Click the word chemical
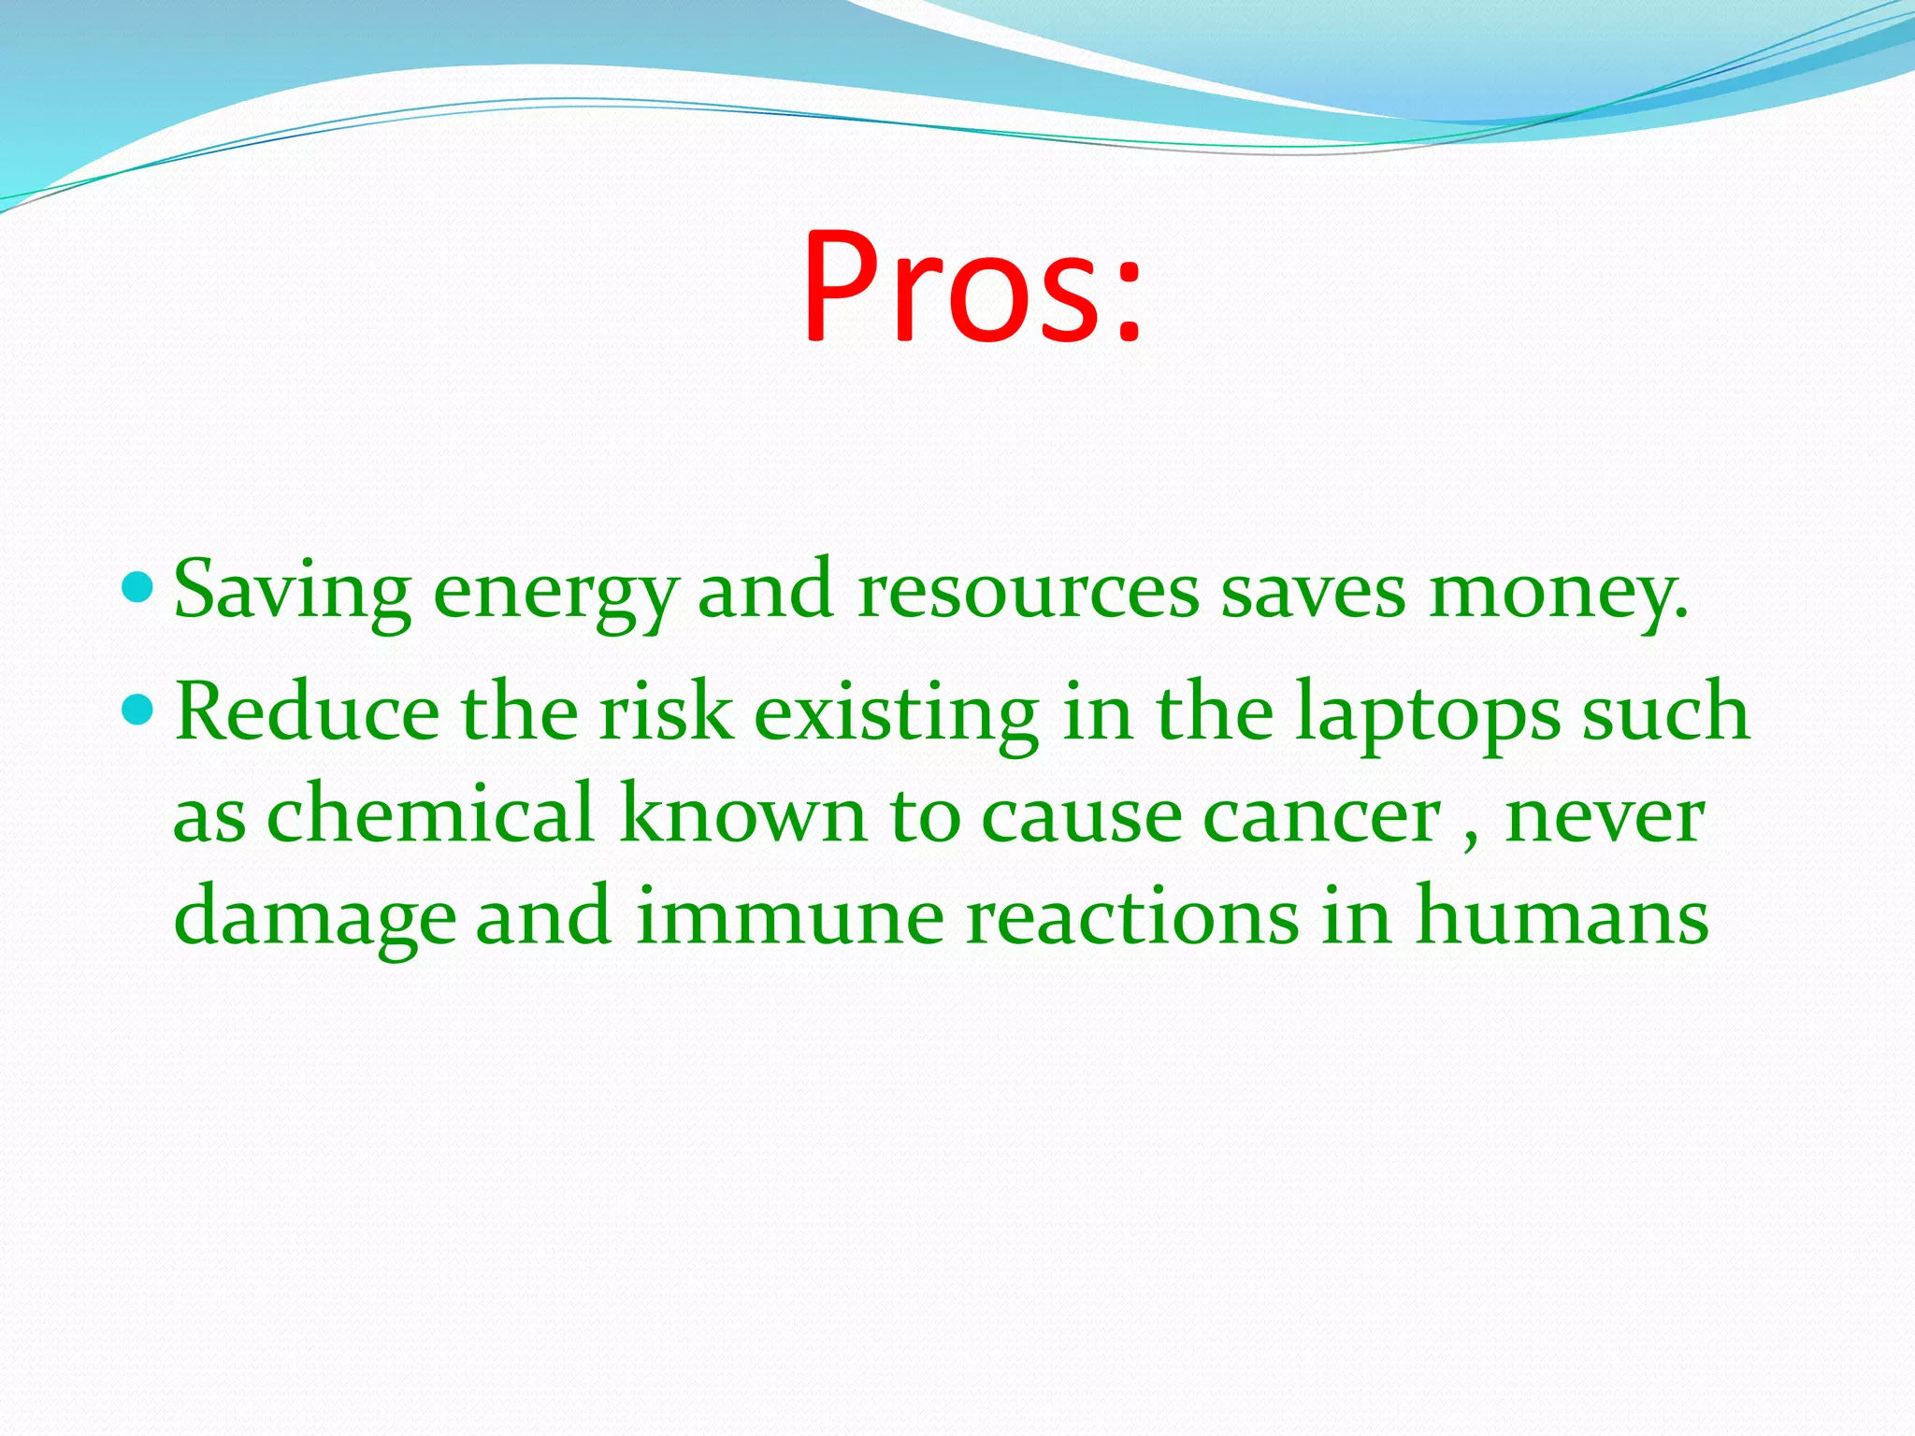click(431, 813)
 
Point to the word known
click(743, 813)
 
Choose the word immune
click(790, 916)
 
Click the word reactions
click(1132, 916)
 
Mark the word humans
click(1562, 916)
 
